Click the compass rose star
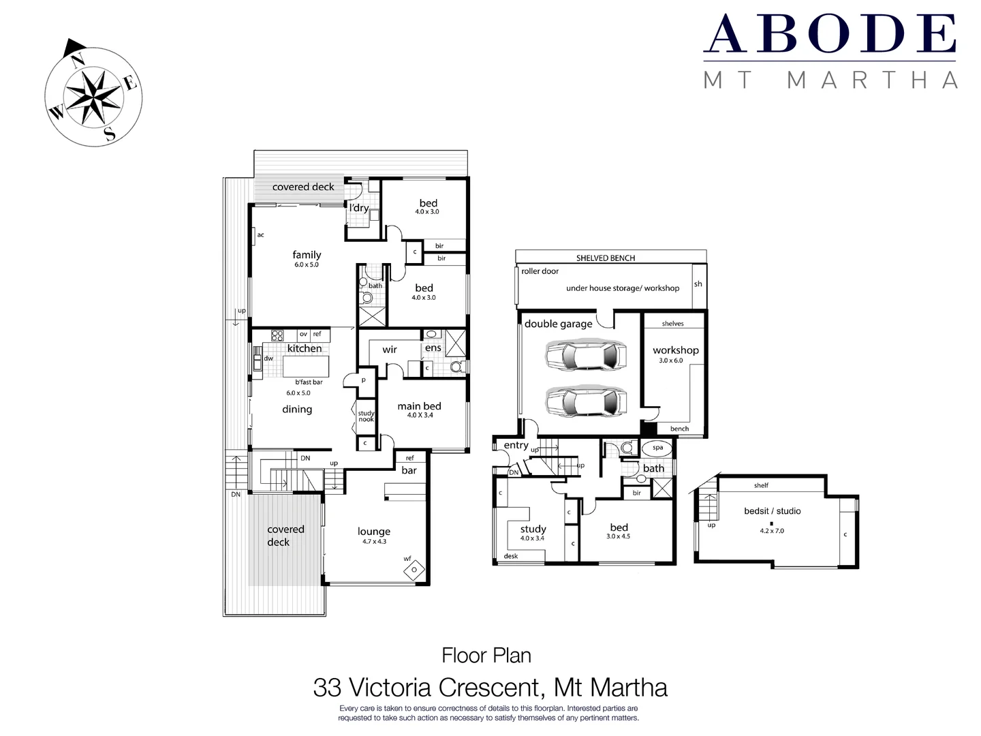(x=93, y=97)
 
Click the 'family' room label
(x=307, y=255)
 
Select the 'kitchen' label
(x=305, y=348)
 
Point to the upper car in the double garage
(x=585, y=356)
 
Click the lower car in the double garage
(x=585, y=401)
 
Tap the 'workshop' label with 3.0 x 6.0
(x=675, y=350)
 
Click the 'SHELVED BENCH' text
(x=605, y=258)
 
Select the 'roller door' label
(x=540, y=271)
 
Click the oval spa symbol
(x=657, y=448)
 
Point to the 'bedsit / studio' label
(x=772, y=511)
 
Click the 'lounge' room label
(x=374, y=532)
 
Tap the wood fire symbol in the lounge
(x=414, y=570)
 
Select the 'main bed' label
(x=419, y=406)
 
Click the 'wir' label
(x=390, y=350)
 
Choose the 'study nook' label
(x=367, y=416)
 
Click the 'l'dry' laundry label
(x=359, y=208)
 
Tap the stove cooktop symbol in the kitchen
(x=277, y=335)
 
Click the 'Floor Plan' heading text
(x=486, y=656)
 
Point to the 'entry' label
(x=516, y=445)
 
